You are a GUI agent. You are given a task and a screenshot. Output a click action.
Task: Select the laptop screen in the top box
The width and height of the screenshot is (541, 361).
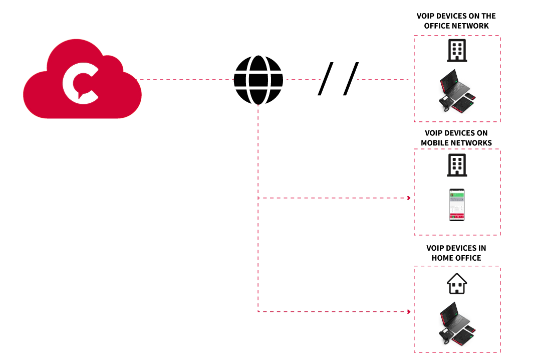tap(449, 81)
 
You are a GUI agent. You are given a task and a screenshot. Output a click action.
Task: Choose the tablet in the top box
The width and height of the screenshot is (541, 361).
tap(463, 104)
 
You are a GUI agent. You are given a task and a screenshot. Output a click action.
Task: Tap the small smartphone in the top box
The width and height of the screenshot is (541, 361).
tap(470, 96)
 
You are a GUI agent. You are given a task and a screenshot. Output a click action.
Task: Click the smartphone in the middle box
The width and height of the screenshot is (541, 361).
tap(456, 205)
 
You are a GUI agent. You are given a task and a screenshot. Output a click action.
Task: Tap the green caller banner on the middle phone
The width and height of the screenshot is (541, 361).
tap(456, 194)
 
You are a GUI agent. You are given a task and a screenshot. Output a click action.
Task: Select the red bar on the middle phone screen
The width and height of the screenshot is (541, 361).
tap(456, 216)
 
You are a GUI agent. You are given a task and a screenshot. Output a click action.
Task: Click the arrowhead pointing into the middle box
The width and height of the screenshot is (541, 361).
tap(409, 198)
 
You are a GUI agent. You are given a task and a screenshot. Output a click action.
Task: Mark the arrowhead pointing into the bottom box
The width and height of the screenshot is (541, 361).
tap(409, 311)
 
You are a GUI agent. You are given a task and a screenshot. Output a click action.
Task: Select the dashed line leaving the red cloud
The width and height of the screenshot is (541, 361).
tap(185, 79)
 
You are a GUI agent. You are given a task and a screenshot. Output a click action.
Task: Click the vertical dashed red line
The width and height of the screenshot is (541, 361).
tap(258, 150)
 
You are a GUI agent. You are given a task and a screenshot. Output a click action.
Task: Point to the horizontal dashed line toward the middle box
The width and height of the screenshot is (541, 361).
tap(331, 198)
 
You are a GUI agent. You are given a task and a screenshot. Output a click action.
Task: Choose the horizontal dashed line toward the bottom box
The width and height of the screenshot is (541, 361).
tap(331, 311)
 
